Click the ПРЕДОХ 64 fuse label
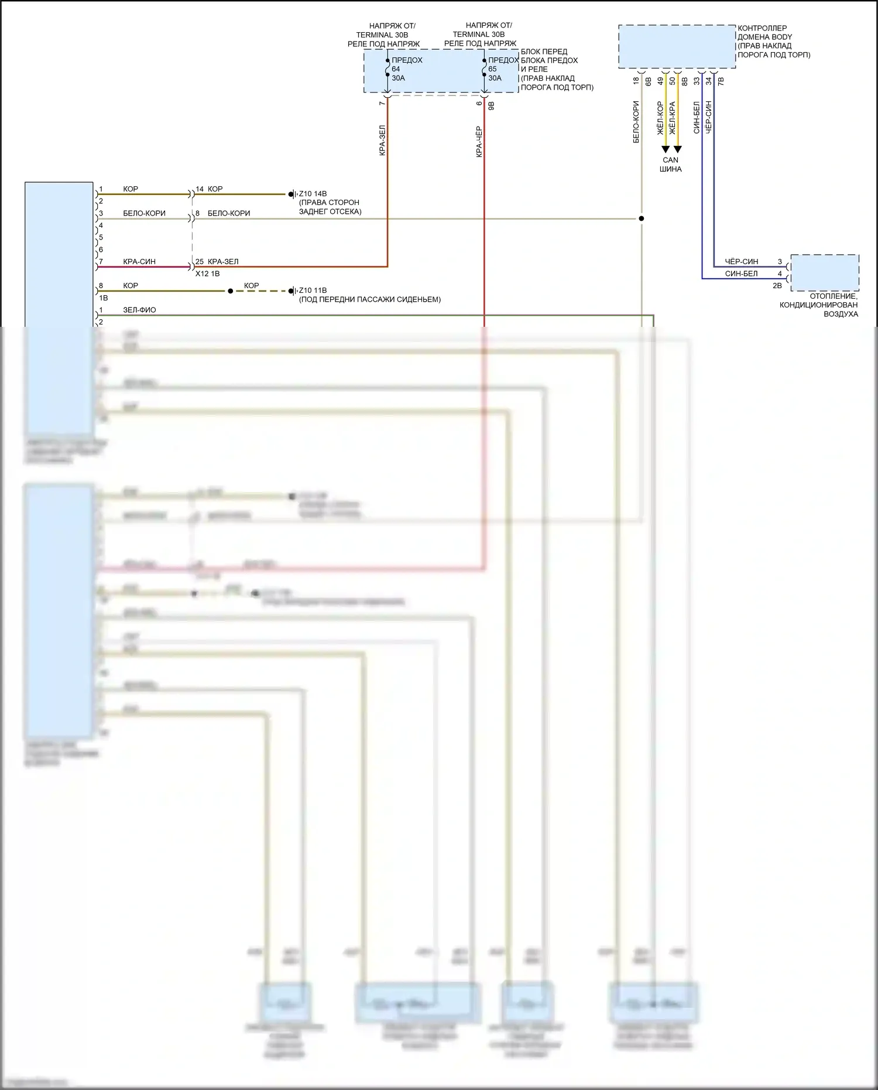[406, 60]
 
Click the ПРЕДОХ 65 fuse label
[503, 60]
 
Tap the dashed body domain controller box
[677, 46]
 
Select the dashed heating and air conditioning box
[824, 272]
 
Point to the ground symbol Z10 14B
[291, 194]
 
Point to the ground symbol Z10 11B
[291, 291]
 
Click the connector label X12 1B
[207, 274]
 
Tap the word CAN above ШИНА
[670, 160]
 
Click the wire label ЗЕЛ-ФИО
[139, 310]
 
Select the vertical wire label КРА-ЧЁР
[479, 141]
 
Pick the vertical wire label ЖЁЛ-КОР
[660, 118]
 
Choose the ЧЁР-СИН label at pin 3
[741, 262]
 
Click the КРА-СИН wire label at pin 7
[139, 262]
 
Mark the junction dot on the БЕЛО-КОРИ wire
[642, 218]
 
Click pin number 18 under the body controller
[636, 81]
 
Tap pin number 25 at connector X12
[200, 262]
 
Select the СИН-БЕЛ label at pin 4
[741, 274]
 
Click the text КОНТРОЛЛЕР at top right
[762, 28]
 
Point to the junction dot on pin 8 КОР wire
[230, 291]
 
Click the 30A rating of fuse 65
[495, 78]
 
